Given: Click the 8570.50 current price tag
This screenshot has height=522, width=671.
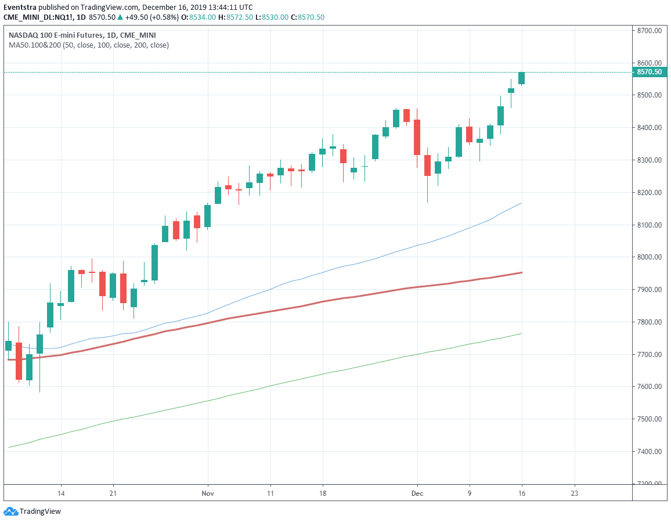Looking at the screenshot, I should (649, 72).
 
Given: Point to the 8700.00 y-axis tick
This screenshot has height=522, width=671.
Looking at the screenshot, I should (649, 30).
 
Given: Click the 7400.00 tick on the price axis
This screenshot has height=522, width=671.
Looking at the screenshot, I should (649, 451).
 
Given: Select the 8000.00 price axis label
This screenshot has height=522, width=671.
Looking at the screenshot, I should (649, 257).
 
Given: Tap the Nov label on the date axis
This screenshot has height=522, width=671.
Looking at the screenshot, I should (208, 493).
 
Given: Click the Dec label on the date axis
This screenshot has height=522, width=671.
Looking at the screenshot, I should (417, 493).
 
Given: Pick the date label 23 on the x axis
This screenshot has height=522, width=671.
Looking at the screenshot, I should (575, 493).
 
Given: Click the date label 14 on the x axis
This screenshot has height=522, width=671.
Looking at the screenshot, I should (60, 493).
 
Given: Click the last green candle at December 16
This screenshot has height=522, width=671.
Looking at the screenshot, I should (522, 78).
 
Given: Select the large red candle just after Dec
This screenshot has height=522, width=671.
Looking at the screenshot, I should (417, 137).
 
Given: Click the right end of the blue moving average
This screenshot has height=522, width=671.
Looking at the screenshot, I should (521, 203).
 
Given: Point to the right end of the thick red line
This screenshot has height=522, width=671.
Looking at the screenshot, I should (521, 272).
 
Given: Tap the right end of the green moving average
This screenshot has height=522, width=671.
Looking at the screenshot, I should (521, 333).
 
